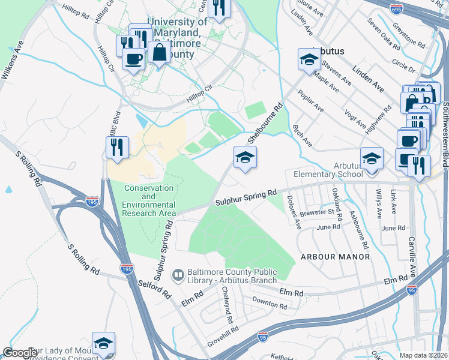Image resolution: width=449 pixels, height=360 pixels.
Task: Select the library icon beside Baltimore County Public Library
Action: pyautogui.click(x=178, y=275)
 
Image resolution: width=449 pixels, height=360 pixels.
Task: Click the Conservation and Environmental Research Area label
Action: pyautogui.click(x=149, y=200)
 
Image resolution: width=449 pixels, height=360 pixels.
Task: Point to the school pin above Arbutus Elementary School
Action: pyautogui.click(x=372, y=159)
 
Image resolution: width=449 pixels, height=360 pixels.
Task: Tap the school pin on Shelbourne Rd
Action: pyautogui.click(x=245, y=158)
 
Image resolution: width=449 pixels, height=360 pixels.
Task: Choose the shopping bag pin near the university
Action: pyautogui.click(x=160, y=52)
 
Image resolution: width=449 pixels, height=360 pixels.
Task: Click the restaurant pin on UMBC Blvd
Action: pyautogui.click(x=117, y=147)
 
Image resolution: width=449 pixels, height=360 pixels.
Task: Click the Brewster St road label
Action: pyautogui.click(x=318, y=211)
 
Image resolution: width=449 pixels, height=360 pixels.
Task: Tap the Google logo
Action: pyautogui.click(x=20, y=353)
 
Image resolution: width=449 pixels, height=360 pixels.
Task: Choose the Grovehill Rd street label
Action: pyautogui.click(x=223, y=332)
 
